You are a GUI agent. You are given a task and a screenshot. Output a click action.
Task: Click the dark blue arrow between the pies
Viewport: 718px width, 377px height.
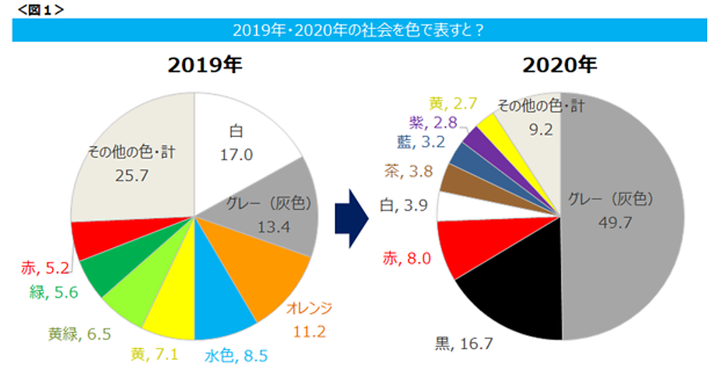tap(358, 218)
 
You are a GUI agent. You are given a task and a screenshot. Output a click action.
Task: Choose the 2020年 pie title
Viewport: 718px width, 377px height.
tap(560, 65)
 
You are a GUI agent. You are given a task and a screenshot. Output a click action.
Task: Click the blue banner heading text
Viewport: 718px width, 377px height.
tap(358, 31)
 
